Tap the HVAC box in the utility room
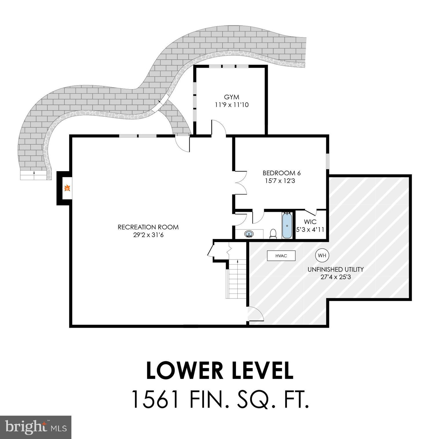[x=281, y=256]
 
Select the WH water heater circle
[x=322, y=256]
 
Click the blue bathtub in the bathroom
[x=287, y=225]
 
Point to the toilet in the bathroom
[x=273, y=234]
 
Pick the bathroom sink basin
[x=249, y=234]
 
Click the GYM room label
[x=232, y=97]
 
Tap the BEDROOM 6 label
[x=281, y=173]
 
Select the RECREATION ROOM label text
[x=148, y=227]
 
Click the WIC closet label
[x=310, y=222]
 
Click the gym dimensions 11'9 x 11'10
[x=232, y=105]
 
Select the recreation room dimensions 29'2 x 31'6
[x=148, y=235]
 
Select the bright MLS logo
[x=35, y=427]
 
